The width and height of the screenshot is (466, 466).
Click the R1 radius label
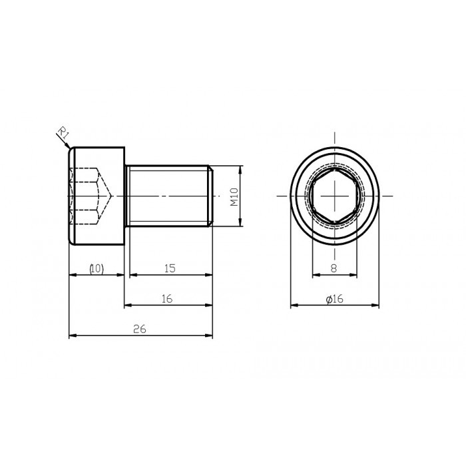tap(63, 134)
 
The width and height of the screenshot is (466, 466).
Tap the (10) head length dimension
tap(97, 268)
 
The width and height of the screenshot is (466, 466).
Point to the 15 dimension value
tap(169, 268)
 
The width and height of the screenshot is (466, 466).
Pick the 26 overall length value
tap(139, 329)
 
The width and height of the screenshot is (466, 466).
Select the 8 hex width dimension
tap(334, 268)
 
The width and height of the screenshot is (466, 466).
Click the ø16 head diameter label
tap(334, 300)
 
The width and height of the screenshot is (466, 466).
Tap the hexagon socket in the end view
tap(335, 196)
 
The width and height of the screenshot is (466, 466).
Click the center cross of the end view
tap(335, 196)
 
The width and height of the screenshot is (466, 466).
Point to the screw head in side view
tap(97, 196)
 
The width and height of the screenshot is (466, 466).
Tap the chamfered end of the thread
tap(211, 196)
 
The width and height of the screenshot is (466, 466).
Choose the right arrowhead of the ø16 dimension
tap(375, 306)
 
